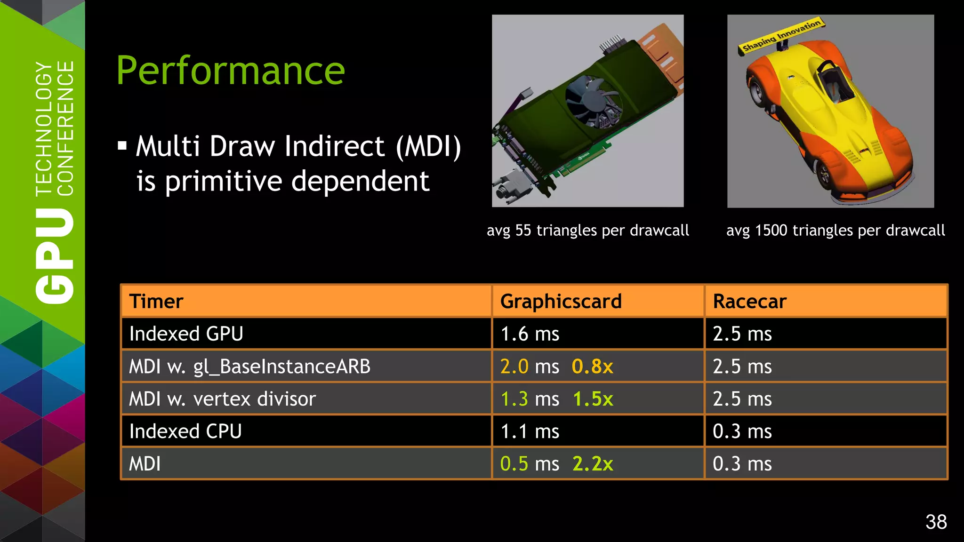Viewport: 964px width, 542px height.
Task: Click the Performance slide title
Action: click(x=231, y=71)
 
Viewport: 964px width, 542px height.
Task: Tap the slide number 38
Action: click(x=936, y=522)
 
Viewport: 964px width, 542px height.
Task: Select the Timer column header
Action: click(x=156, y=301)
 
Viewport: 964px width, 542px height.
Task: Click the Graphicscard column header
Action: click(x=561, y=301)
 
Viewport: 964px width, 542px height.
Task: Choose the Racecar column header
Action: click(x=749, y=301)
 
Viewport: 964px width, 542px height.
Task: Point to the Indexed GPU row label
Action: click(x=186, y=334)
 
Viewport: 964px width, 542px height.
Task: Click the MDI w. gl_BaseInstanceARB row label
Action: click(x=249, y=367)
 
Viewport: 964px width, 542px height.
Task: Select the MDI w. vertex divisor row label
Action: click(x=222, y=399)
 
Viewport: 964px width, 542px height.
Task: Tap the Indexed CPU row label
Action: click(x=185, y=431)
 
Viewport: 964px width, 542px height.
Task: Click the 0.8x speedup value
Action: click(x=592, y=367)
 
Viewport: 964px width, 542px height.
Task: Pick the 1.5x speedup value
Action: click(x=593, y=399)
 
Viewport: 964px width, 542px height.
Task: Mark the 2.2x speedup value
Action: click(x=593, y=464)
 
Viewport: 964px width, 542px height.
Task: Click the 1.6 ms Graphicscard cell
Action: click(x=530, y=334)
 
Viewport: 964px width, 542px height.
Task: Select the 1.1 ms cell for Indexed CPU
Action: click(x=530, y=431)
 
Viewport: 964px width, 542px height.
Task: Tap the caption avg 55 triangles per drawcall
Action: click(x=587, y=231)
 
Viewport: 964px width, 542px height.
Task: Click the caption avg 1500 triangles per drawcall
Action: click(x=835, y=231)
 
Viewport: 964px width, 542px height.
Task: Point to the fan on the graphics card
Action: click(x=591, y=102)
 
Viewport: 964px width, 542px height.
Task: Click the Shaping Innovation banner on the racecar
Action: click(x=781, y=35)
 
